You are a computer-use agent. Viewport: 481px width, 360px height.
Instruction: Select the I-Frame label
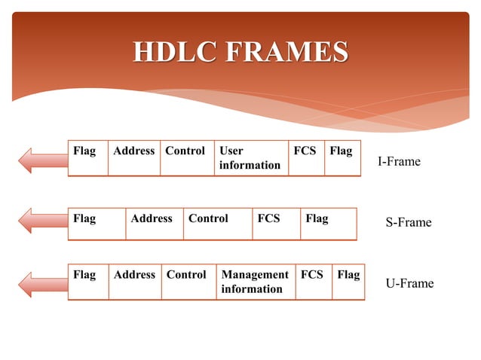pyautogui.click(x=399, y=162)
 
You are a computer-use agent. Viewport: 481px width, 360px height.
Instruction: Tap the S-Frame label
pyautogui.click(x=409, y=222)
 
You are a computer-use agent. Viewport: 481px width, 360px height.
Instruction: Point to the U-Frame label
pyautogui.click(x=409, y=284)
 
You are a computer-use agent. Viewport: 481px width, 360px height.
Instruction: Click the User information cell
pyautogui.click(x=250, y=158)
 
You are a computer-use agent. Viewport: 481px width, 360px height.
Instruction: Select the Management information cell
pyautogui.click(x=255, y=282)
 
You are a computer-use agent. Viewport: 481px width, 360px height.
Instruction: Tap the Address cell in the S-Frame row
pyautogui.click(x=154, y=224)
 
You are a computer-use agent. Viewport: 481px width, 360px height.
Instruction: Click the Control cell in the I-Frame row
pyautogui.click(x=185, y=158)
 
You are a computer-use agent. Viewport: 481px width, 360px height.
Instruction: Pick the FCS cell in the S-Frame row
pyautogui.click(x=276, y=224)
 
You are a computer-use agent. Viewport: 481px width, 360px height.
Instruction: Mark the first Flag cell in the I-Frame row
pyautogui.click(x=87, y=158)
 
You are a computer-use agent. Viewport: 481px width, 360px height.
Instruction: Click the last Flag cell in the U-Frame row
pyautogui.click(x=348, y=282)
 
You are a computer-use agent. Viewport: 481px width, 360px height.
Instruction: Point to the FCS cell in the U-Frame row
pyautogui.click(x=313, y=282)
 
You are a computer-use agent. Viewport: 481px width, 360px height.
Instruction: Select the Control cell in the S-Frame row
pyautogui.click(x=217, y=224)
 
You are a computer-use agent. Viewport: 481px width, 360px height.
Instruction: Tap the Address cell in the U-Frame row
pyautogui.click(x=134, y=282)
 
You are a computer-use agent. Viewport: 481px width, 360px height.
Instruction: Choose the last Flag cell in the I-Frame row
pyautogui.click(x=342, y=158)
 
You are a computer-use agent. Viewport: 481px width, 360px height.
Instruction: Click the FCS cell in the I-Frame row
pyautogui.click(x=306, y=158)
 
